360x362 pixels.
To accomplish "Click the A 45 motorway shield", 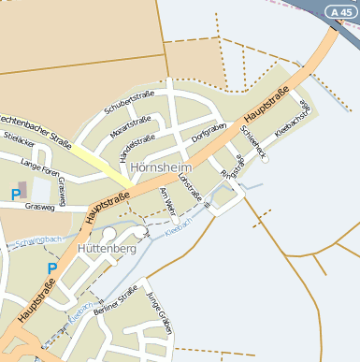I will click(340, 11).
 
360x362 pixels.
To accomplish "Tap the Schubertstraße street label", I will click(129, 102).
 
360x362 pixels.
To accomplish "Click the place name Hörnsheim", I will click(161, 167).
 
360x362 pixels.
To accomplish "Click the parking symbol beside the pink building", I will click(15, 195).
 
